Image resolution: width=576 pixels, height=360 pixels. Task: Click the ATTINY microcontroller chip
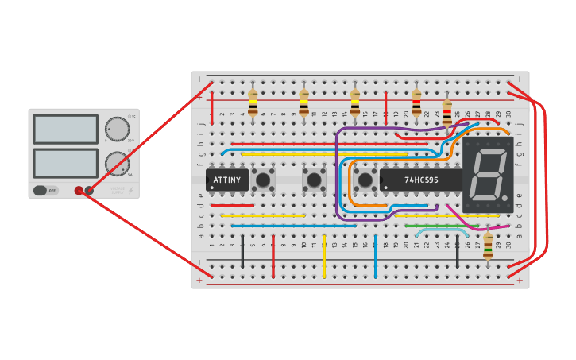[x=226, y=180]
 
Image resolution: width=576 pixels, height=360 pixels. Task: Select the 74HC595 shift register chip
[x=420, y=180]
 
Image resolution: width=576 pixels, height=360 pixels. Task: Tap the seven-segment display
[x=487, y=175]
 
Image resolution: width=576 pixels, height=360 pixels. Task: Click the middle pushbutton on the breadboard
[x=314, y=180]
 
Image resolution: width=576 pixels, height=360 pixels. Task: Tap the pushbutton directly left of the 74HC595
[x=365, y=180]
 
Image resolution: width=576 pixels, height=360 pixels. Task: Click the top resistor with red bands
[x=416, y=103]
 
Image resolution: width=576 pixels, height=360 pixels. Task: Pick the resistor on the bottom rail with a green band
[x=488, y=246]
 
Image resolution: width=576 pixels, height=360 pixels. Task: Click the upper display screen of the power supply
[x=66, y=129]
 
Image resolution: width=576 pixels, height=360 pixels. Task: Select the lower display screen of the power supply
[x=66, y=163]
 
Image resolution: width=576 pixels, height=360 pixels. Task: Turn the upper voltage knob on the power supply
[x=118, y=129]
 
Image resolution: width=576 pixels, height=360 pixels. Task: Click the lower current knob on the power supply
[x=118, y=164]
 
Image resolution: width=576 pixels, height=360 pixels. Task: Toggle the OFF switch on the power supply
[x=46, y=191]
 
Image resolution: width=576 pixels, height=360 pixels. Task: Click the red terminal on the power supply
[x=79, y=191]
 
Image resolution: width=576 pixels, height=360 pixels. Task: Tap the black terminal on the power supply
[x=89, y=191]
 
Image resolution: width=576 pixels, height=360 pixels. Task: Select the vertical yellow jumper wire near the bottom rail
[x=324, y=256]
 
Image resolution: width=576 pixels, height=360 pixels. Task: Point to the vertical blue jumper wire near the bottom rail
[x=375, y=256]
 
